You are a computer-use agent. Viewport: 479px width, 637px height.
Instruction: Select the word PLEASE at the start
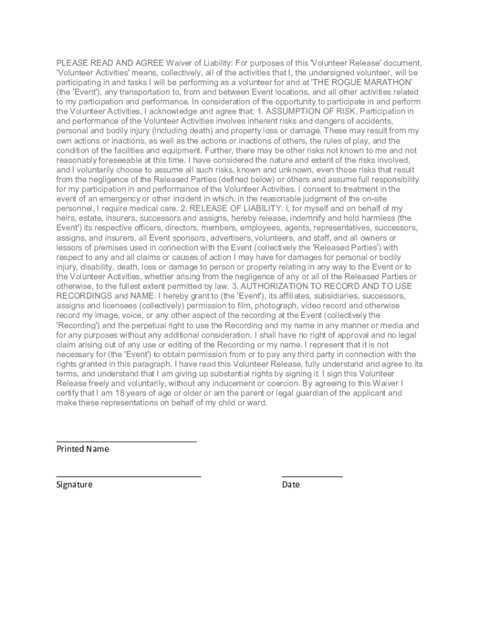click(72, 63)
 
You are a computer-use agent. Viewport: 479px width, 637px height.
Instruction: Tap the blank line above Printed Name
click(126, 441)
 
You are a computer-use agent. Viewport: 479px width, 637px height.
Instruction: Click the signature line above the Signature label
click(129, 477)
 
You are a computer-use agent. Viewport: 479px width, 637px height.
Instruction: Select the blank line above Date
click(312, 477)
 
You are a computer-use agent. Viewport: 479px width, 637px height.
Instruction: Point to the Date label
click(291, 485)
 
